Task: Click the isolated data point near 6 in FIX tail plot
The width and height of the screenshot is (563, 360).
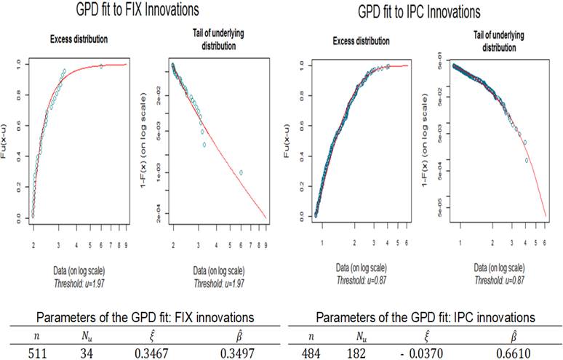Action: pos(241,172)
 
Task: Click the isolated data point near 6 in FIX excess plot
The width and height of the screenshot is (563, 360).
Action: pos(101,67)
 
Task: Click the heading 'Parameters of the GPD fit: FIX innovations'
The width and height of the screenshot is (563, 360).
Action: pos(142,318)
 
